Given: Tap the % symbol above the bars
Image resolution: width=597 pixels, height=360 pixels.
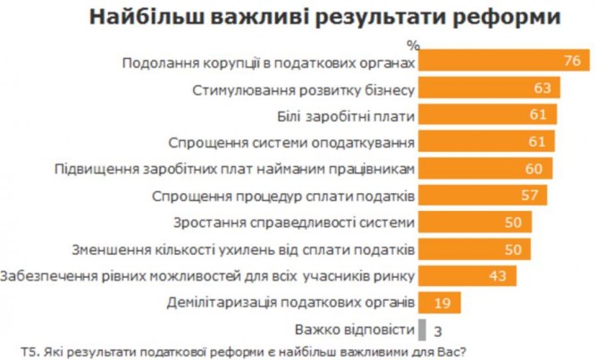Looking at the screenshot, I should click(x=412, y=44).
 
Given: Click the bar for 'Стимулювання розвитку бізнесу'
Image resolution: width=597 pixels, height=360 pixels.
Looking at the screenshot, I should click(x=490, y=88).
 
